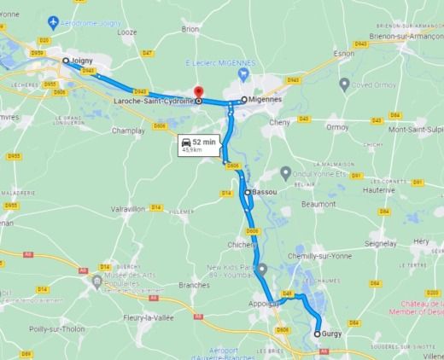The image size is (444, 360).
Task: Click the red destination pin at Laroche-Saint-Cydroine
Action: pos(199,91)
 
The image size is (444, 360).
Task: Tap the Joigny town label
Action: pos(82,61)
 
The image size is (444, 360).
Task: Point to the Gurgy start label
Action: pos(333,334)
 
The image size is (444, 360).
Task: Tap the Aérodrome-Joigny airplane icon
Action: pos(54,20)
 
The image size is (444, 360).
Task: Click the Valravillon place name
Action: pos(128,208)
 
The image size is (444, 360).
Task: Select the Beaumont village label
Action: pos(318,204)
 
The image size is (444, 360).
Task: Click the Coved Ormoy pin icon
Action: pos(344,84)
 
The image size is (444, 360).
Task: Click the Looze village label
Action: pos(127,32)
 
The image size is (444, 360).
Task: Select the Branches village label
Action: pos(196,285)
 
